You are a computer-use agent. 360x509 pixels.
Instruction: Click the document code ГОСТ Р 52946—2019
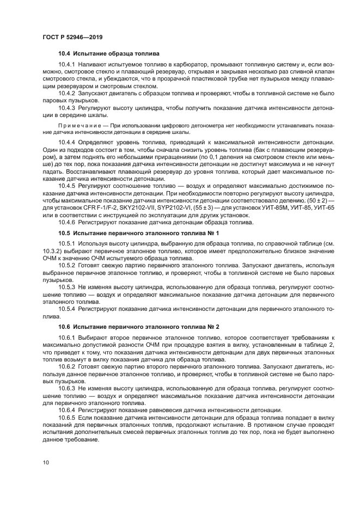pyautogui.click(x=72, y=37)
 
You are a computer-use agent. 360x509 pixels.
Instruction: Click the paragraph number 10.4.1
pyautogui.click(x=66, y=65)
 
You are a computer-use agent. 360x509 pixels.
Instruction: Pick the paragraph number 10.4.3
pyautogui.click(x=66, y=109)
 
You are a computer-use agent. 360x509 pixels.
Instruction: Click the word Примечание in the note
pyautogui.click(x=78, y=125)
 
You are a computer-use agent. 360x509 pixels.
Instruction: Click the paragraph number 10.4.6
pyautogui.click(x=66, y=222)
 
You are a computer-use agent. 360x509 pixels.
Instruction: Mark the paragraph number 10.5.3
pyautogui.click(x=66, y=286)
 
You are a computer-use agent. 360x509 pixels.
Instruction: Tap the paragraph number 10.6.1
pyautogui.click(x=66, y=338)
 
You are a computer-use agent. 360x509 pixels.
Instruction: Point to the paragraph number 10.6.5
pyautogui.click(x=66, y=417)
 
